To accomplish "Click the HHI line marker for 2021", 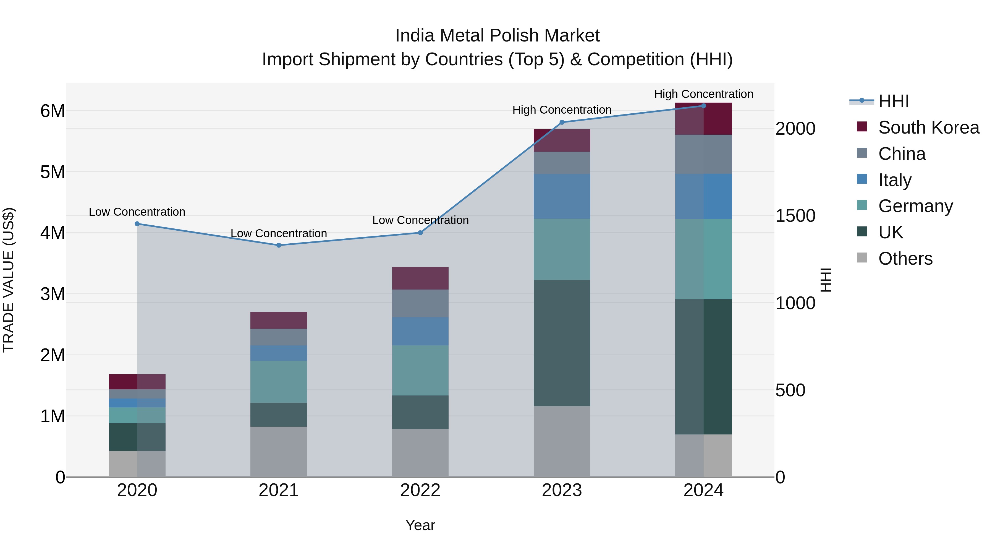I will coord(279,245).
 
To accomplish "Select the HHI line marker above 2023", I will coord(562,123).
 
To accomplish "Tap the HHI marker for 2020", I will coord(137,224).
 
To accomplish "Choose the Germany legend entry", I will coord(915,206).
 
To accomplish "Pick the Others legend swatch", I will coord(862,258).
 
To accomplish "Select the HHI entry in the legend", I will coord(893,101).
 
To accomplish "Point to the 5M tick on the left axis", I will coord(53,172).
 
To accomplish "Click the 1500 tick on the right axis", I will coord(795,216).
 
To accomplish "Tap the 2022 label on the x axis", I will coord(420,490).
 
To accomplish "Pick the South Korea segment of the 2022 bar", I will coord(420,278).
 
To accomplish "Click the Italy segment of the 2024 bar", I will coord(703,196).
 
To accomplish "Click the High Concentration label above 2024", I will coord(703,94).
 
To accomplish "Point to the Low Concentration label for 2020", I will coord(137,212).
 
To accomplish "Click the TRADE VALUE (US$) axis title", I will coord(9,280).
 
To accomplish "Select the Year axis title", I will coord(420,525).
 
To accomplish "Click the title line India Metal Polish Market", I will coord(497,36).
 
